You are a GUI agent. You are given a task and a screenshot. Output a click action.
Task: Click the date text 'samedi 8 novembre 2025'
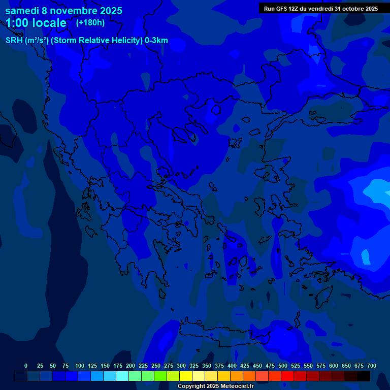pyautogui.click(x=63, y=11)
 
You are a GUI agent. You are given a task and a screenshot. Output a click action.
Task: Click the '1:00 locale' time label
pyautogui.click(x=36, y=23)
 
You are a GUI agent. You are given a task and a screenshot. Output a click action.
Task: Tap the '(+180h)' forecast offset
pyautogui.click(x=90, y=22)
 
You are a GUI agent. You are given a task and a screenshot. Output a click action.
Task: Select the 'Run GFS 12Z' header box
pyautogui.click(x=320, y=9)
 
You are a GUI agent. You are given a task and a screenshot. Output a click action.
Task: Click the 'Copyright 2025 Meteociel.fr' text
pyautogui.click(x=215, y=386)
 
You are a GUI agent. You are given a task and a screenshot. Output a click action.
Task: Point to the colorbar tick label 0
pyautogui.click(x=26, y=366)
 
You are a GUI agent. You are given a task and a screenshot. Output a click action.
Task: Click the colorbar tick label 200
pyautogui.click(x=131, y=366)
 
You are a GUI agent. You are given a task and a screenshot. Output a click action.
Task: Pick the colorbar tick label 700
pyautogui.click(x=371, y=366)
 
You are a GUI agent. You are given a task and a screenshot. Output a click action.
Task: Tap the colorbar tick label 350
pyautogui.click(x=207, y=366)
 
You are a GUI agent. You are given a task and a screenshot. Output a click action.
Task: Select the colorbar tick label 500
pyautogui.click(x=283, y=366)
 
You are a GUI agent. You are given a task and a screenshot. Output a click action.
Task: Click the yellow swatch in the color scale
pyautogui.click(x=186, y=376)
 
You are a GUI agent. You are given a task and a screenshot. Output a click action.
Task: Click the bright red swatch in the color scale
pyautogui.click(x=287, y=376)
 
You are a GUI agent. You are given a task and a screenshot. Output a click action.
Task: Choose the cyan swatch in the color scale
pyautogui.click(x=122, y=376)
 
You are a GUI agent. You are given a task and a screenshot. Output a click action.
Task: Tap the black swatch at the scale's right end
pyautogui.click(x=364, y=376)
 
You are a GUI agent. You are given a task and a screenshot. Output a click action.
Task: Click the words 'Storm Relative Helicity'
pyautogui.click(x=97, y=41)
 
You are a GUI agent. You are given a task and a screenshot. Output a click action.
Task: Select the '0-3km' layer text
pyautogui.click(x=156, y=41)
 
